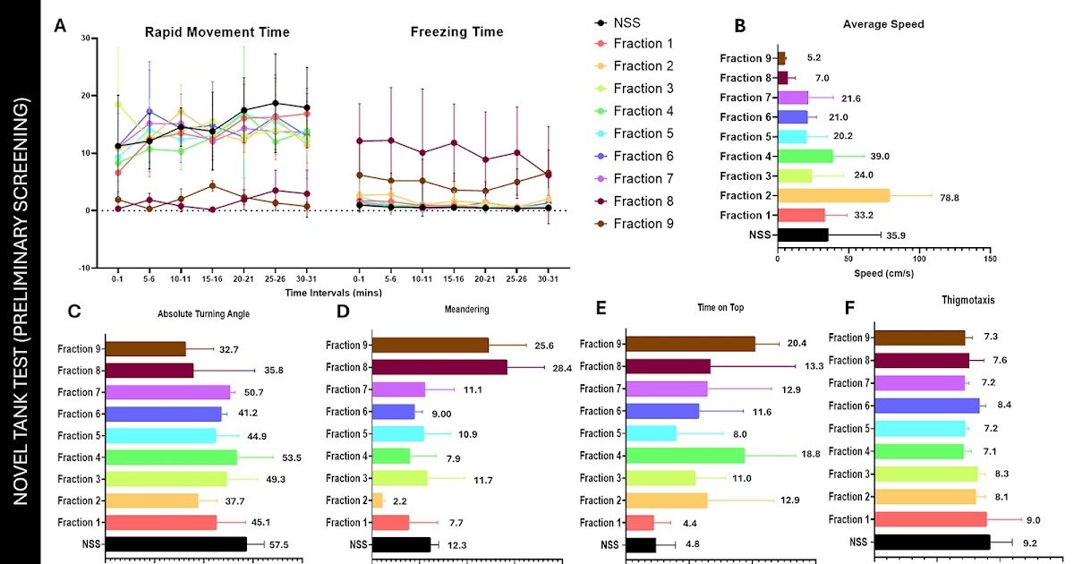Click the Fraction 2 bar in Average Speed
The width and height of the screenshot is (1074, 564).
[x=833, y=195]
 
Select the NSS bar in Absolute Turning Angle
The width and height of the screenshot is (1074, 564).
[x=176, y=543]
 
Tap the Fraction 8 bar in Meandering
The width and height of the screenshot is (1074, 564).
[x=439, y=367]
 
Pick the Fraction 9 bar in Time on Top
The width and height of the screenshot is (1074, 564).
[x=690, y=344]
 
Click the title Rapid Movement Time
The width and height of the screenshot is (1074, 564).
[x=217, y=32]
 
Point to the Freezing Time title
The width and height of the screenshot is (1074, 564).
[x=456, y=32]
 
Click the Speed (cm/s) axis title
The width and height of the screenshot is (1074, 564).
[x=884, y=273]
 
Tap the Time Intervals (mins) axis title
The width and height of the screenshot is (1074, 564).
[x=334, y=293]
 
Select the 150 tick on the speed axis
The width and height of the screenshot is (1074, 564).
[x=988, y=259]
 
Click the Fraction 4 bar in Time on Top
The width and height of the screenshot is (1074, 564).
[x=685, y=455]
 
